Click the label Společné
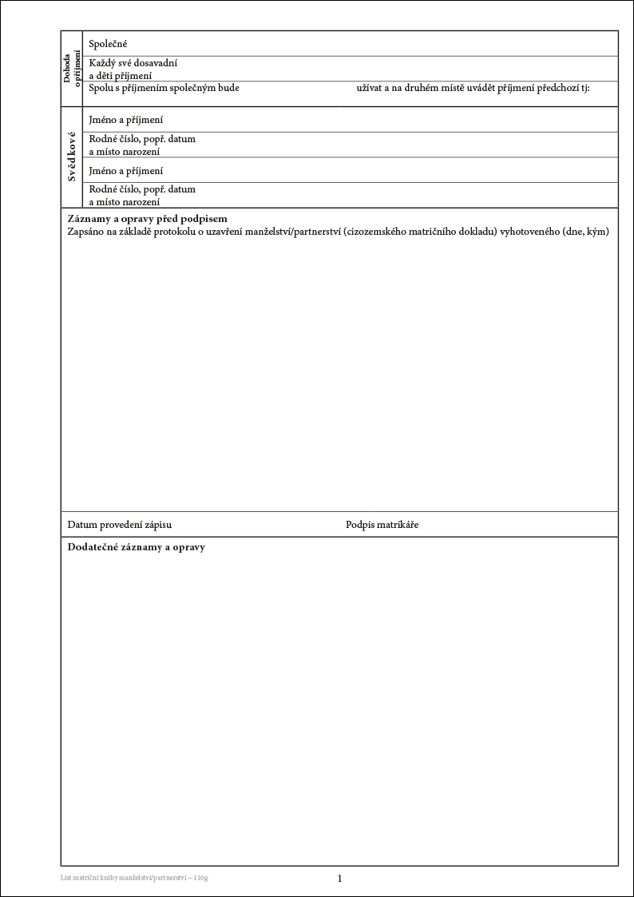tap(109, 44)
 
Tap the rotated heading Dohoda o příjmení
tap(72, 69)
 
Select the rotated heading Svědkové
tap(72, 157)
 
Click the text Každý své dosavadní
tap(133, 63)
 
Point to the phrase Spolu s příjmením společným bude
tap(164, 87)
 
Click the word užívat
tap(369, 87)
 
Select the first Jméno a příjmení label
tap(126, 120)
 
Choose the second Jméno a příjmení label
tap(126, 171)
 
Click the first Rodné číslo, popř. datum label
tap(142, 139)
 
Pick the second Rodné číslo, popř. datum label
tap(142, 190)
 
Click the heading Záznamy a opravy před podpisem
tap(148, 219)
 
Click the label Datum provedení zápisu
tap(120, 525)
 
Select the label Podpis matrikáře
tap(382, 525)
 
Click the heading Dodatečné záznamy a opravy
tap(137, 548)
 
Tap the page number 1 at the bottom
tap(339, 879)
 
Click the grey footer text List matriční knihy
tap(94, 879)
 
